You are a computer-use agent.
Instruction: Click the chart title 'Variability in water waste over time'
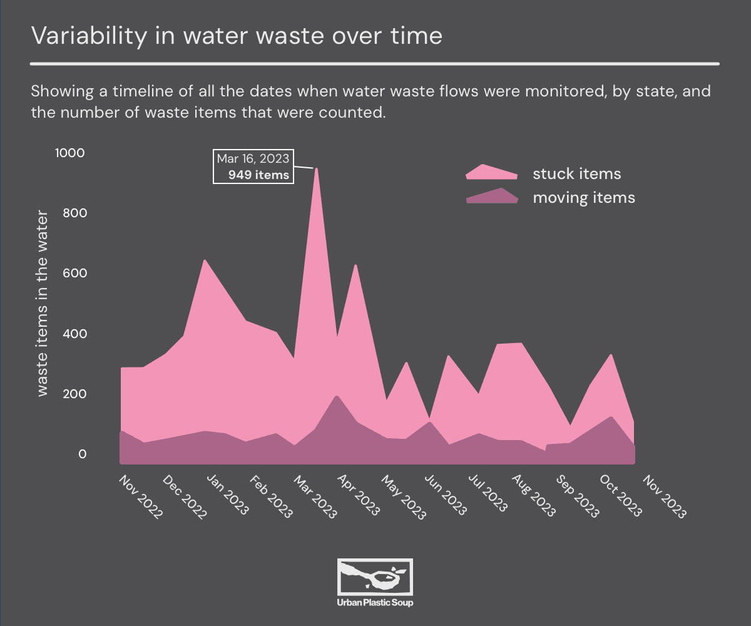tap(237, 36)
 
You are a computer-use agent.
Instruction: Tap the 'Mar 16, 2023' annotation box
tap(253, 167)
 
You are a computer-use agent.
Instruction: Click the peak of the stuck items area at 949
tap(316, 168)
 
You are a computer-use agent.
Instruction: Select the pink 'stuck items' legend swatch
tap(491, 172)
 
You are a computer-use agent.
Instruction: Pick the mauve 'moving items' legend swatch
tap(492, 196)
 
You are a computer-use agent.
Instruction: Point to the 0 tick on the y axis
tap(81, 454)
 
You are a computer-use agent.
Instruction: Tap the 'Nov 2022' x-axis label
tap(141, 498)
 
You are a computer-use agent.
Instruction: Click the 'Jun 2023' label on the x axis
tap(446, 498)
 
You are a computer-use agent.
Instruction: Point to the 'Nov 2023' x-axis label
tap(665, 498)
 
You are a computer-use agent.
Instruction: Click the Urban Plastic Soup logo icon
tap(375, 577)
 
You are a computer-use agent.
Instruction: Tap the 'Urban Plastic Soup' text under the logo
tap(375, 603)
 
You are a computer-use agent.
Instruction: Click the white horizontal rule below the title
tap(375, 63)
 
